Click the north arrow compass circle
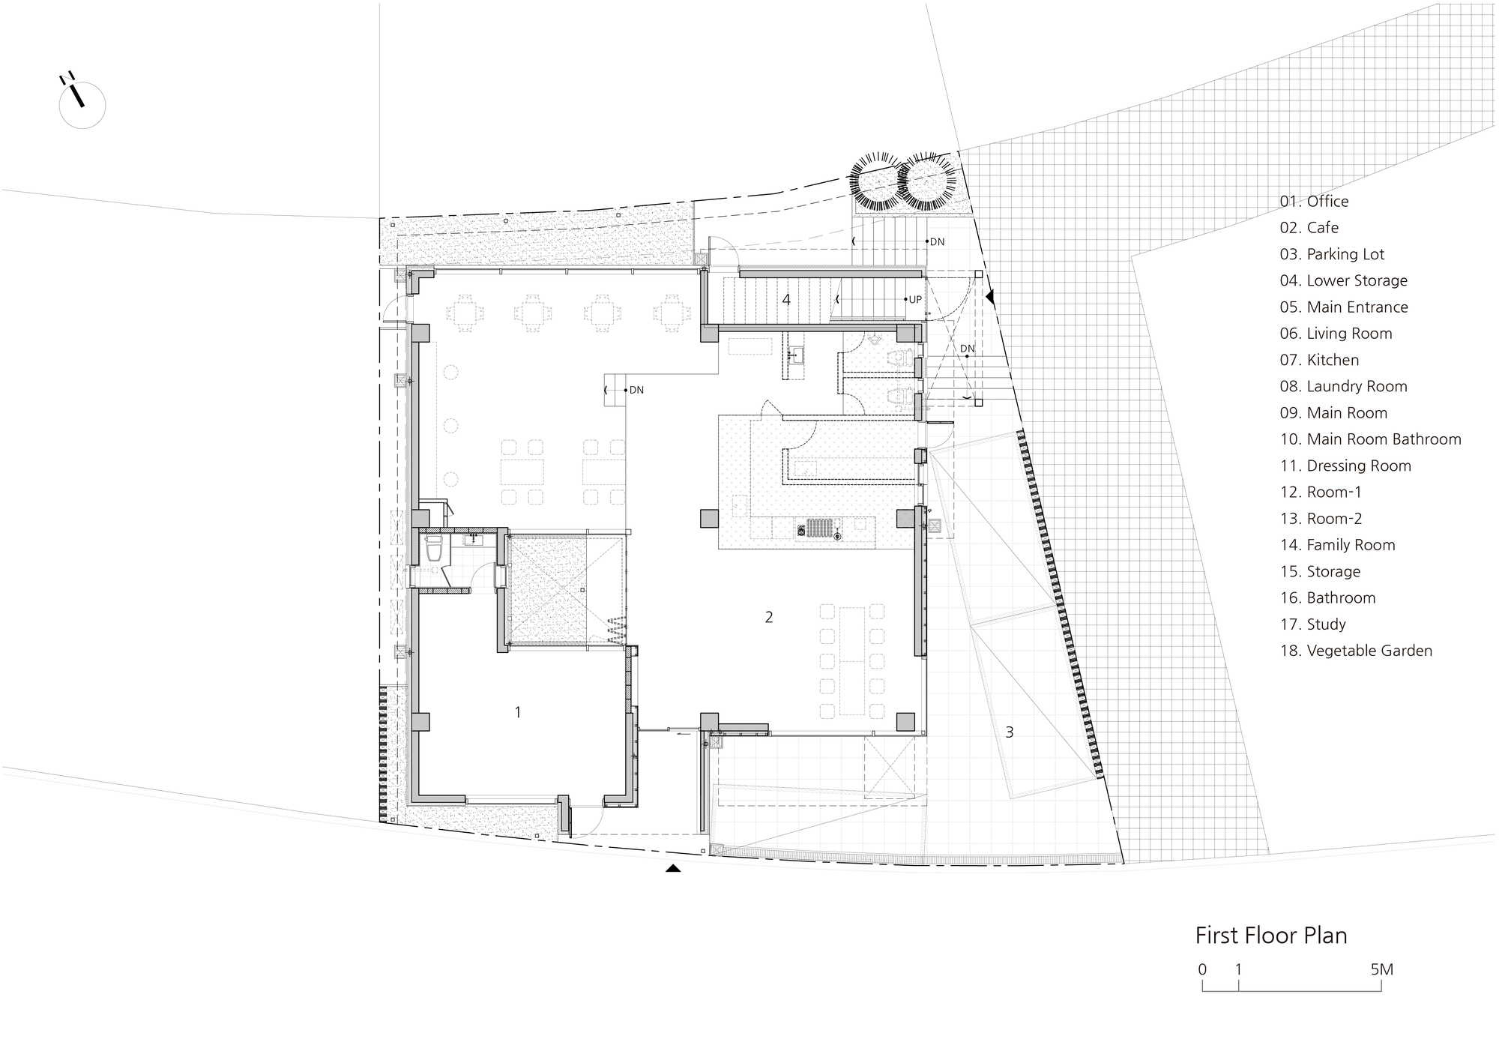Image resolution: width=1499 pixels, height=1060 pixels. pyautogui.click(x=82, y=105)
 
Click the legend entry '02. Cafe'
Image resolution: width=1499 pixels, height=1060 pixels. pyautogui.click(x=1309, y=228)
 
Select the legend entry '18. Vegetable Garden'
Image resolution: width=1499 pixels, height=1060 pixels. pyautogui.click(x=1356, y=651)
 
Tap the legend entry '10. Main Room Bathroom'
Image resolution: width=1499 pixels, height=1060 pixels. pyautogui.click(x=1371, y=439)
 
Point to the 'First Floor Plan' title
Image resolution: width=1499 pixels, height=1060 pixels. pyautogui.click(x=1271, y=936)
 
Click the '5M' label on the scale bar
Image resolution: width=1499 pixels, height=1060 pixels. pyautogui.click(x=1381, y=969)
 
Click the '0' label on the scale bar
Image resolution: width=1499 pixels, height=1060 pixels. pyautogui.click(x=1202, y=969)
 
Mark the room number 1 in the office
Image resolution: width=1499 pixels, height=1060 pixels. pyautogui.click(x=518, y=712)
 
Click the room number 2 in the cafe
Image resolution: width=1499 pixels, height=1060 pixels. pyautogui.click(x=769, y=617)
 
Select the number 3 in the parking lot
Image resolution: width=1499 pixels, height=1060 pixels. pyautogui.click(x=1010, y=732)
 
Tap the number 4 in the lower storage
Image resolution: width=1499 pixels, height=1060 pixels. pyautogui.click(x=786, y=300)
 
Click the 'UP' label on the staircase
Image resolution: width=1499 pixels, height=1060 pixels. pyautogui.click(x=915, y=299)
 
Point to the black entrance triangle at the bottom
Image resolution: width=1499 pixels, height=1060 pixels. pyautogui.click(x=673, y=868)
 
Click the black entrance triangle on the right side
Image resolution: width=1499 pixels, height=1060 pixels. pyautogui.click(x=990, y=298)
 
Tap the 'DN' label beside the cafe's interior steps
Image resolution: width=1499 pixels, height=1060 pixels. pyautogui.click(x=636, y=390)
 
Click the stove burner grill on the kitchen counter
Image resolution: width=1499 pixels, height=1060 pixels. pyautogui.click(x=816, y=528)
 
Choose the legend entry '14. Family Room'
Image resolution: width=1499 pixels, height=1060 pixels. pyautogui.click(x=1338, y=545)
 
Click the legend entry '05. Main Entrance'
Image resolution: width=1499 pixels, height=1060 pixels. pyautogui.click(x=1344, y=307)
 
